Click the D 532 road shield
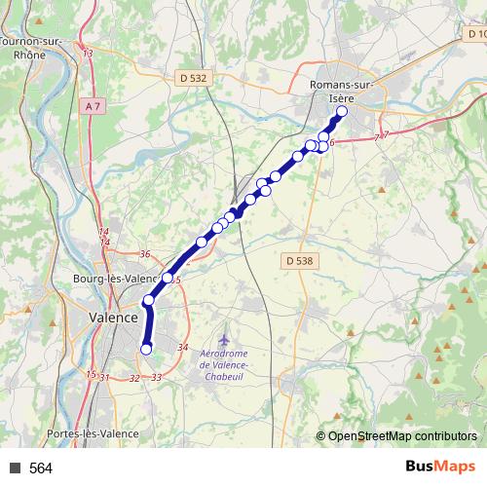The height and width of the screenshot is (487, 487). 194,77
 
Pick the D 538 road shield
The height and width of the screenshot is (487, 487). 301,261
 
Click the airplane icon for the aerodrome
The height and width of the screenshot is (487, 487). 225,337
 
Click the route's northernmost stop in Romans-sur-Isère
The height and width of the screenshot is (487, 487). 342,111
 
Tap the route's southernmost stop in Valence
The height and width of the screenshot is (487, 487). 147,349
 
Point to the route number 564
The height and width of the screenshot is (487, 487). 41,468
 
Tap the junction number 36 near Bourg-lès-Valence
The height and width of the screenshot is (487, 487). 144,254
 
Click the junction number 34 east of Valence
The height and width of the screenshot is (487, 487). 182,348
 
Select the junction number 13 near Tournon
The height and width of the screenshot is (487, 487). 88,53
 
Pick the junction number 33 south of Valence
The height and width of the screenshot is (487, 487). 157,377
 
